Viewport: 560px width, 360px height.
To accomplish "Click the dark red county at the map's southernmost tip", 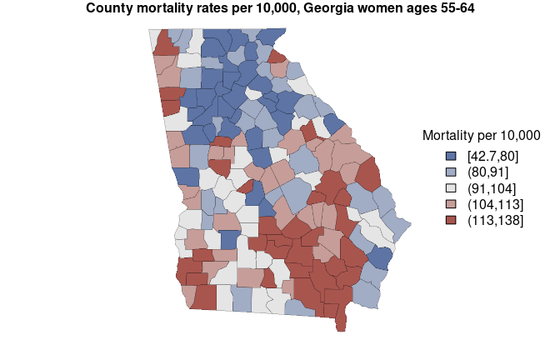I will tap(340, 323).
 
